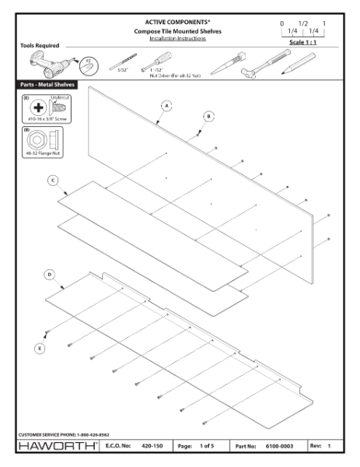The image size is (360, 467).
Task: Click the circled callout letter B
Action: (x=208, y=116)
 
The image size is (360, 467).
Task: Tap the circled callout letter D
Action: (x=49, y=275)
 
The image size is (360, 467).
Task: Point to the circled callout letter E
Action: (x=40, y=349)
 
